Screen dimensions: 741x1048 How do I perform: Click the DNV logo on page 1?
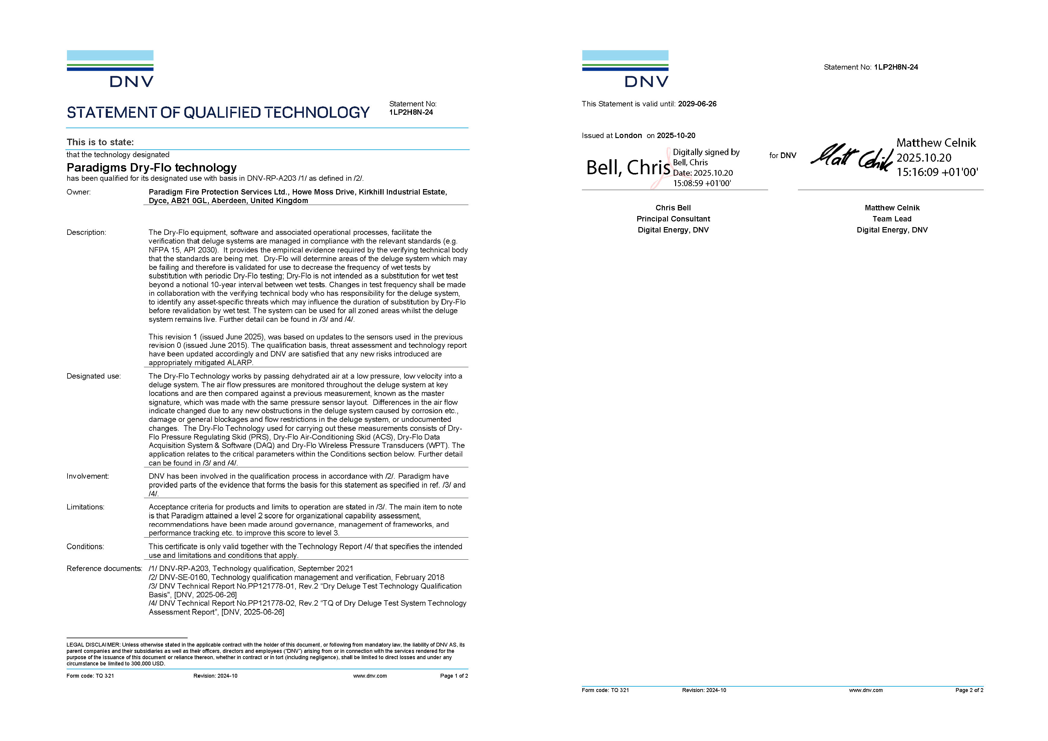coord(110,69)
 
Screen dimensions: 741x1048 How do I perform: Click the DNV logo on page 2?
coord(625,69)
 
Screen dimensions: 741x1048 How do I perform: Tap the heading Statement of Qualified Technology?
coord(218,113)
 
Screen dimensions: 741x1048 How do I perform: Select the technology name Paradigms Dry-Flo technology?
coord(151,168)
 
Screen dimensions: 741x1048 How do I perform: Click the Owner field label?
coord(79,192)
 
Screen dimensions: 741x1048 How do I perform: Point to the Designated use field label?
coord(94,376)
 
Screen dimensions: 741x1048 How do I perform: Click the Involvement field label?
coord(88,477)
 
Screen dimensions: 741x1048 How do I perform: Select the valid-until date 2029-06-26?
coord(697,104)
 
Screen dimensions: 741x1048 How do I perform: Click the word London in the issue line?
coord(628,136)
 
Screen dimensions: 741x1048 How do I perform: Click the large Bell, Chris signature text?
coord(628,168)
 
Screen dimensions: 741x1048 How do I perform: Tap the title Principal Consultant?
coord(673,219)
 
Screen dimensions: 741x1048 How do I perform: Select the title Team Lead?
coord(892,219)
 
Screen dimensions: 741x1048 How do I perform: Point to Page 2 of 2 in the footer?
coord(969,690)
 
